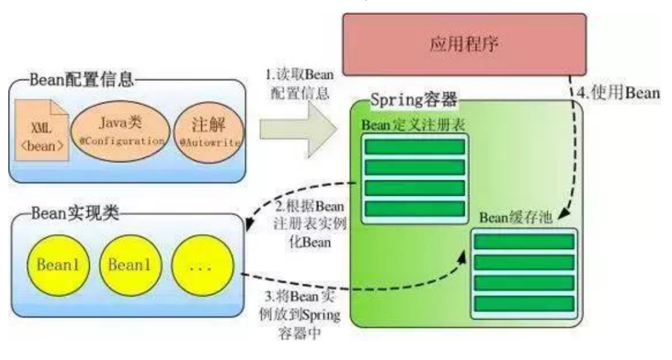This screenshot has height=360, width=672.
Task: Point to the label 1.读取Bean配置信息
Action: [x=298, y=83]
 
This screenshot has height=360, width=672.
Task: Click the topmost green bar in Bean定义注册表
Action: [x=414, y=146]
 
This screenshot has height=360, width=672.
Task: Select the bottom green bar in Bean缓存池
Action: [x=524, y=302]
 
